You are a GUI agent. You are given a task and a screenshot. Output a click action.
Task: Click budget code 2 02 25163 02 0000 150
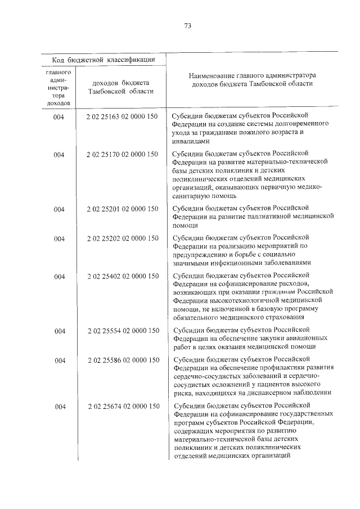click(122, 116)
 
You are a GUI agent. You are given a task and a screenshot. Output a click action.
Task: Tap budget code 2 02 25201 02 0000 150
click(122, 210)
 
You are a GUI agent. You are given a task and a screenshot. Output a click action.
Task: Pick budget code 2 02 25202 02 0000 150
click(122, 238)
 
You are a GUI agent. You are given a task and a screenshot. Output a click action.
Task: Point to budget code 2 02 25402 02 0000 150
click(122, 276)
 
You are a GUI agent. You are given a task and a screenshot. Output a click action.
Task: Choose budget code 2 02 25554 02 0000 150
click(122, 331)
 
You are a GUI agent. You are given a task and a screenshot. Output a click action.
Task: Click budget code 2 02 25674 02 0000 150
click(122, 406)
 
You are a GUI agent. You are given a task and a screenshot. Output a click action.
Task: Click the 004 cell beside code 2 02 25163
click(58, 116)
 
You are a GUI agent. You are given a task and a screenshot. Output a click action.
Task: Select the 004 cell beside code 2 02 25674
click(58, 406)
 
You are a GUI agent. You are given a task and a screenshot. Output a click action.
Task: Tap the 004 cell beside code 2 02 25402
click(58, 276)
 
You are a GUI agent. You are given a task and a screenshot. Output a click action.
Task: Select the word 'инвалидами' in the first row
click(190, 142)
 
